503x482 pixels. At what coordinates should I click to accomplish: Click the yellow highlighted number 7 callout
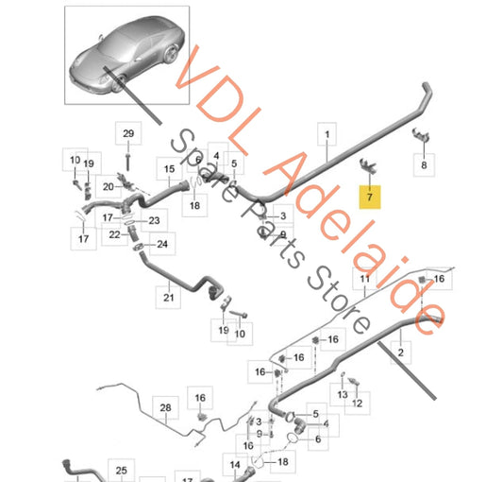(x=370, y=197)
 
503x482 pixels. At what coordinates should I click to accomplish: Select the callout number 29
(x=128, y=133)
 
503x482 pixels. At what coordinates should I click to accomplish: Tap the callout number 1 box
(x=327, y=134)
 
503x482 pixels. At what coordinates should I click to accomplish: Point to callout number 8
(x=424, y=164)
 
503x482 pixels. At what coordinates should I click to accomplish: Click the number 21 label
(x=168, y=298)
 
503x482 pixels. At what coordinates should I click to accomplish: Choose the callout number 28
(x=165, y=407)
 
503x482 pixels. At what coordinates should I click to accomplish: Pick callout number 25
(x=121, y=471)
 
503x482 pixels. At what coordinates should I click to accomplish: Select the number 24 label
(x=162, y=244)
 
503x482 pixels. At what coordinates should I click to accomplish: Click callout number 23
(x=154, y=220)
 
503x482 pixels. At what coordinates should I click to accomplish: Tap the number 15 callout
(x=169, y=168)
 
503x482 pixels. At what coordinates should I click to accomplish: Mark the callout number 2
(x=401, y=353)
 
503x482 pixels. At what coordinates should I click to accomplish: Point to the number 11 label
(x=364, y=279)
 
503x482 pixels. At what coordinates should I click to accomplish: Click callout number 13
(x=343, y=394)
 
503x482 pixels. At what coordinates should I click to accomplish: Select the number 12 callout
(x=357, y=404)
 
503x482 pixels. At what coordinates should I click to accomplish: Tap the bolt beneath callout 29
(x=128, y=163)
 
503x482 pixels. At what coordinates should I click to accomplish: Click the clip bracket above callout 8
(x=421, y=134)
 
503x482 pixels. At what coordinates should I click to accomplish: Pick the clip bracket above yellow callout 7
(x=368, y=165)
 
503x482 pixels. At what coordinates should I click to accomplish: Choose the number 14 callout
(x=235, y=465)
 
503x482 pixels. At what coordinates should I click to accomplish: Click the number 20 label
(x=109, y=187)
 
